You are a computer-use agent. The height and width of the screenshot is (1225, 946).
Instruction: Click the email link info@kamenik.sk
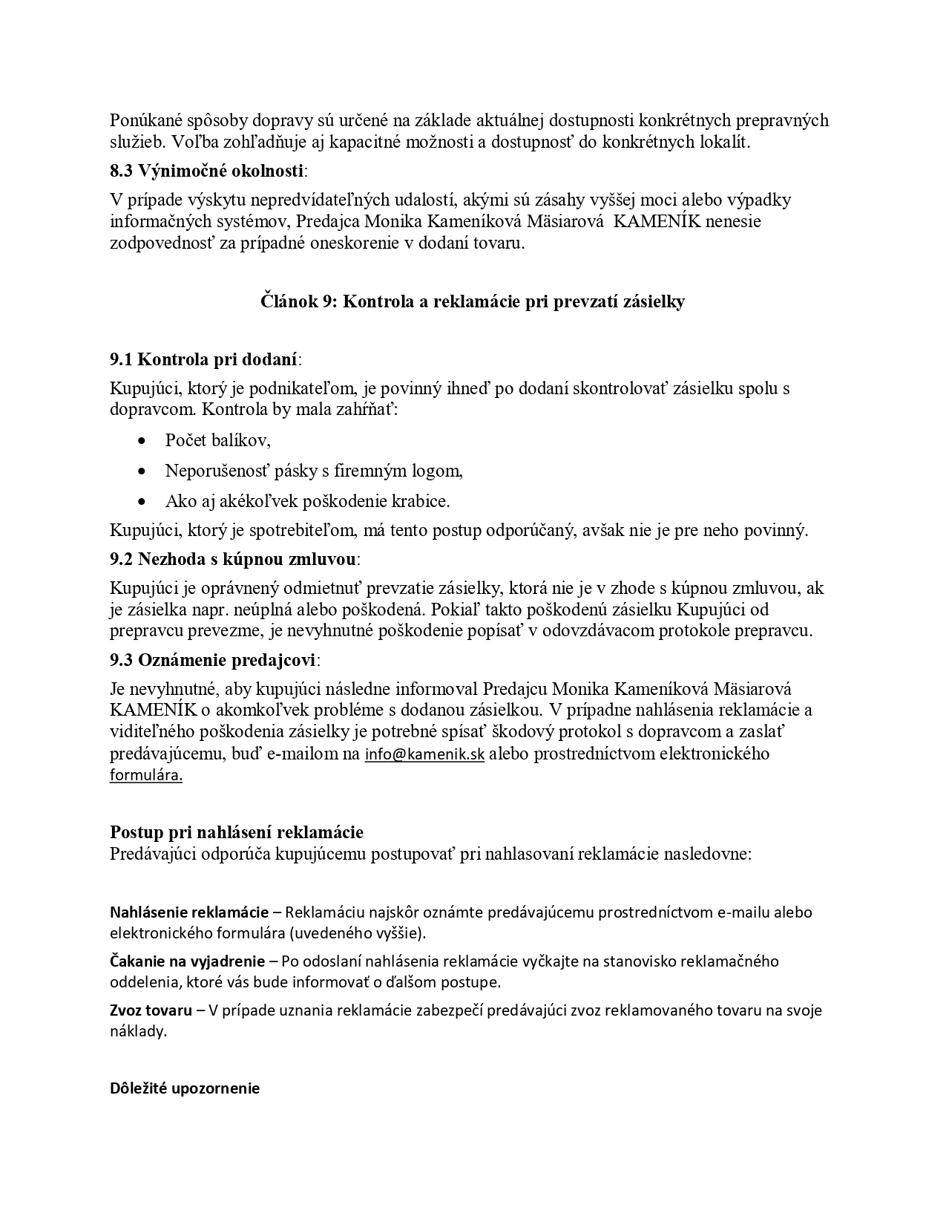pos(424,754)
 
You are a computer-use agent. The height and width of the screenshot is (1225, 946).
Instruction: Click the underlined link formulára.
pos(146,776)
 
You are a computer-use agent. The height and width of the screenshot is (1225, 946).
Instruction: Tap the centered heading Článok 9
pos(473,302)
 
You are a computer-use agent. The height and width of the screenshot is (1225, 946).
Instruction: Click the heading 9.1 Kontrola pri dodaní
pos(205,360)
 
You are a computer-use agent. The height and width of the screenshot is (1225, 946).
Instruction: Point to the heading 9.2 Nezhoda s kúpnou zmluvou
pos(233,558)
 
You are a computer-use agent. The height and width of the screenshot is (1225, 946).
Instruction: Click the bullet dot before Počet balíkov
pos(142,441)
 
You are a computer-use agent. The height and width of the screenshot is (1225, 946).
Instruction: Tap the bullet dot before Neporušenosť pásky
pos(142,471)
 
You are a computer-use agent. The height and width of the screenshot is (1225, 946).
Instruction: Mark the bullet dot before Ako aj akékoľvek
pos(142,502)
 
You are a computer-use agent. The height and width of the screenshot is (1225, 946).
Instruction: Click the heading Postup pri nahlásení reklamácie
pos(237,832)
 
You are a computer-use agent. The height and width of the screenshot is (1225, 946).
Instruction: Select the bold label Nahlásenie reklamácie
pos(189,912)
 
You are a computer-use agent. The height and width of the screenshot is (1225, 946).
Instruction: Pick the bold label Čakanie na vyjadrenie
pos(188,961)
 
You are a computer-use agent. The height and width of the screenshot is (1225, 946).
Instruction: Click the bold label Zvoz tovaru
pos(151,1010)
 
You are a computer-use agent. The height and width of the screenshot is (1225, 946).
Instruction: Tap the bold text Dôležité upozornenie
pos(185,1089)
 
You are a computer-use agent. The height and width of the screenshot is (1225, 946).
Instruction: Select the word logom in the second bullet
pos(440,471)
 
